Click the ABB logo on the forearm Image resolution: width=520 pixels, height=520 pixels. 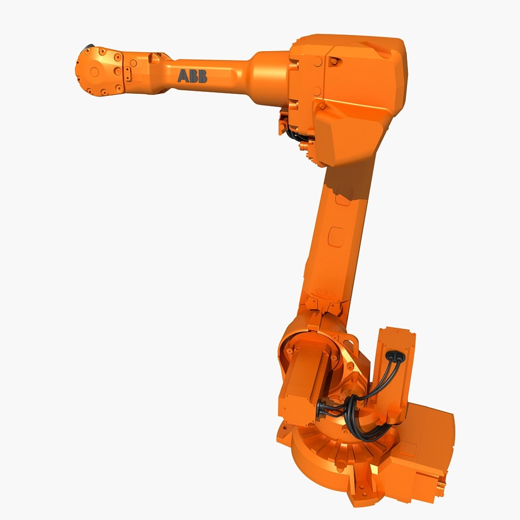[x=192, y=76]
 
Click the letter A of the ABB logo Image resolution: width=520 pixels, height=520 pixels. [x=183, y=76]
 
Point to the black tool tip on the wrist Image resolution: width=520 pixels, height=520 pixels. [x=89, y=47]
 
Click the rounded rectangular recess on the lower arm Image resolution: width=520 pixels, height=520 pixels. [x=335, y=237]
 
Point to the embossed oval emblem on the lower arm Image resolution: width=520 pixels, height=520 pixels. [x=324, y=292]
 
